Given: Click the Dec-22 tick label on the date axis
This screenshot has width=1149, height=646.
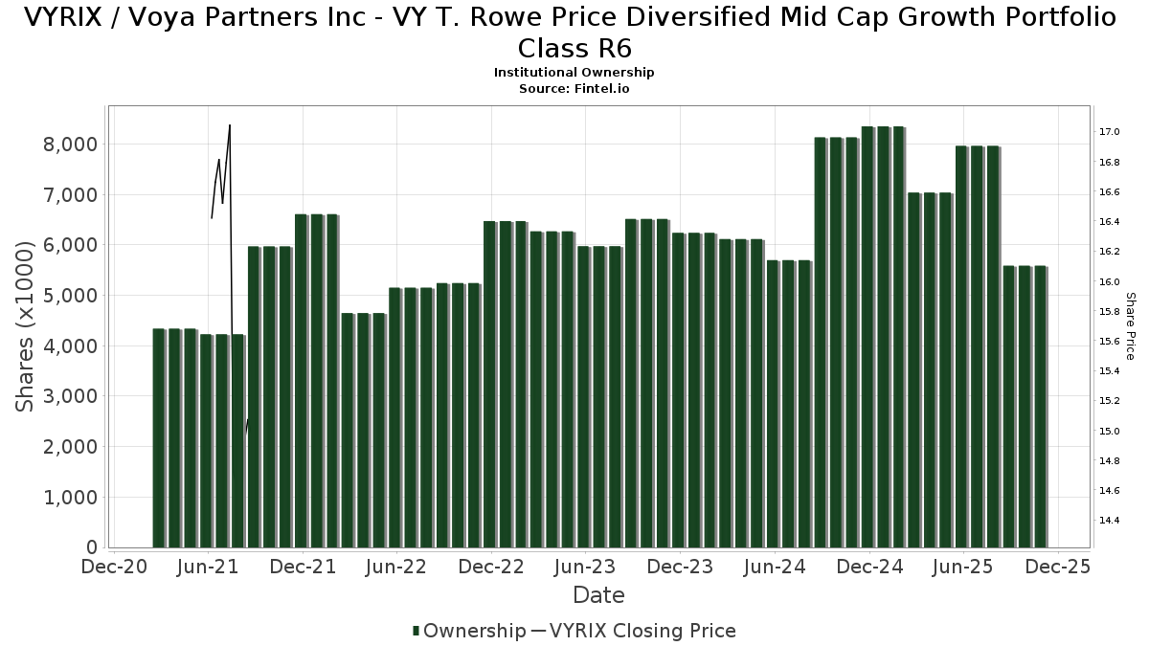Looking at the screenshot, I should (x=491, y=567).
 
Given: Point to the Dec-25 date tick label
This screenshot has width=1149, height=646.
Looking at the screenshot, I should (x=1057, y=567).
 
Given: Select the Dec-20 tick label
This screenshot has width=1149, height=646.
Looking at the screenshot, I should (x=114, y=567).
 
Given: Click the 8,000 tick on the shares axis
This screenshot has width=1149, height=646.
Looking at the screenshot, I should (x=65, y=145).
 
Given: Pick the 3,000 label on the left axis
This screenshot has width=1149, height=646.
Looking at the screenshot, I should (x=65, y=396).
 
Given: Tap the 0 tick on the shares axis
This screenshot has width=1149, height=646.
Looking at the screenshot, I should (x=92, y=547).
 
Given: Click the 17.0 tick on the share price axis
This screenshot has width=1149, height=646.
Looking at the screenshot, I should (x=1110, y=132).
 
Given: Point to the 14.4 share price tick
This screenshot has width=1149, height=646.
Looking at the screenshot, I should (x=1110, y=521).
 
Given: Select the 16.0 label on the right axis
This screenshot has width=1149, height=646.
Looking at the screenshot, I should (x=1110, y=281).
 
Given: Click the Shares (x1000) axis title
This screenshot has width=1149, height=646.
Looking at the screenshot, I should (x=26, y=326).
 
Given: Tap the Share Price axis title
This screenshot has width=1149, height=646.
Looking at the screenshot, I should (x=1130, y=326).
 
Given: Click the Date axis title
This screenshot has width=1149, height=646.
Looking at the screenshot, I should (x=598, y=595).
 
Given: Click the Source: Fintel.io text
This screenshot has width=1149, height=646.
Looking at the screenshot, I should (x=574, y=88).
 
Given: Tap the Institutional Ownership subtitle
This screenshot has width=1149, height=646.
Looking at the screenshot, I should (x=574, y=73).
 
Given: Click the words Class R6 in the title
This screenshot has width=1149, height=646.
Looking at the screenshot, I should (x=574, y=48).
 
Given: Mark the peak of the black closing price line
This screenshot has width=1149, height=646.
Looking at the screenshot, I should (x=230, y=125).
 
